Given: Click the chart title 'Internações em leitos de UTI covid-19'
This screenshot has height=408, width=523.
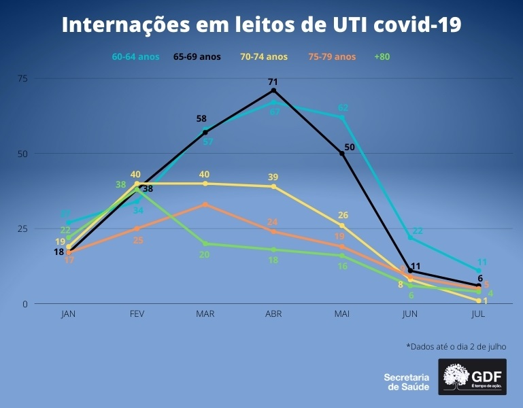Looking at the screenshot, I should point(261,25).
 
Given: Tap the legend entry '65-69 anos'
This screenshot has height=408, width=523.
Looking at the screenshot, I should point(197,57).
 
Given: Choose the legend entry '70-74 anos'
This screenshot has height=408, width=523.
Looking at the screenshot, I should point(264,57).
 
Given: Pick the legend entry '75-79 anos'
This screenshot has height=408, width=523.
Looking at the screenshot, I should point(332,57).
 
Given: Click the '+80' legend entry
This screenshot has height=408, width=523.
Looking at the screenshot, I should point(384,57).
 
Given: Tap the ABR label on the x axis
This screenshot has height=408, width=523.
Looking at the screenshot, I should point(273,314).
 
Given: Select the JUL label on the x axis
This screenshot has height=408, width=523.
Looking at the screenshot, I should point(479,314).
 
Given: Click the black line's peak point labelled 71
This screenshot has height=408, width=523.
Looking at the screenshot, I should point(273,90).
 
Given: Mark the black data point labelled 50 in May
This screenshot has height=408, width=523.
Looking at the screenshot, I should point(342,154).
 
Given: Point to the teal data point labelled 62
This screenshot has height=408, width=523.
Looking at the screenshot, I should point(342,118).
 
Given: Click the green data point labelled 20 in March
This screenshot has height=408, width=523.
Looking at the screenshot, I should point(205,243).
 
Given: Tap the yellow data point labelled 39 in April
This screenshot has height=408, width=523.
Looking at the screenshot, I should point(273,186).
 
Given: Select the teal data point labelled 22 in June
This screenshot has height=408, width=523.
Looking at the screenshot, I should point(410,237).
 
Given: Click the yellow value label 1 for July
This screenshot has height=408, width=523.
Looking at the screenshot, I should point(486,301).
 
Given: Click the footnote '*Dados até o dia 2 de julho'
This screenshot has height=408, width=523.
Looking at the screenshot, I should point(456,347).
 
